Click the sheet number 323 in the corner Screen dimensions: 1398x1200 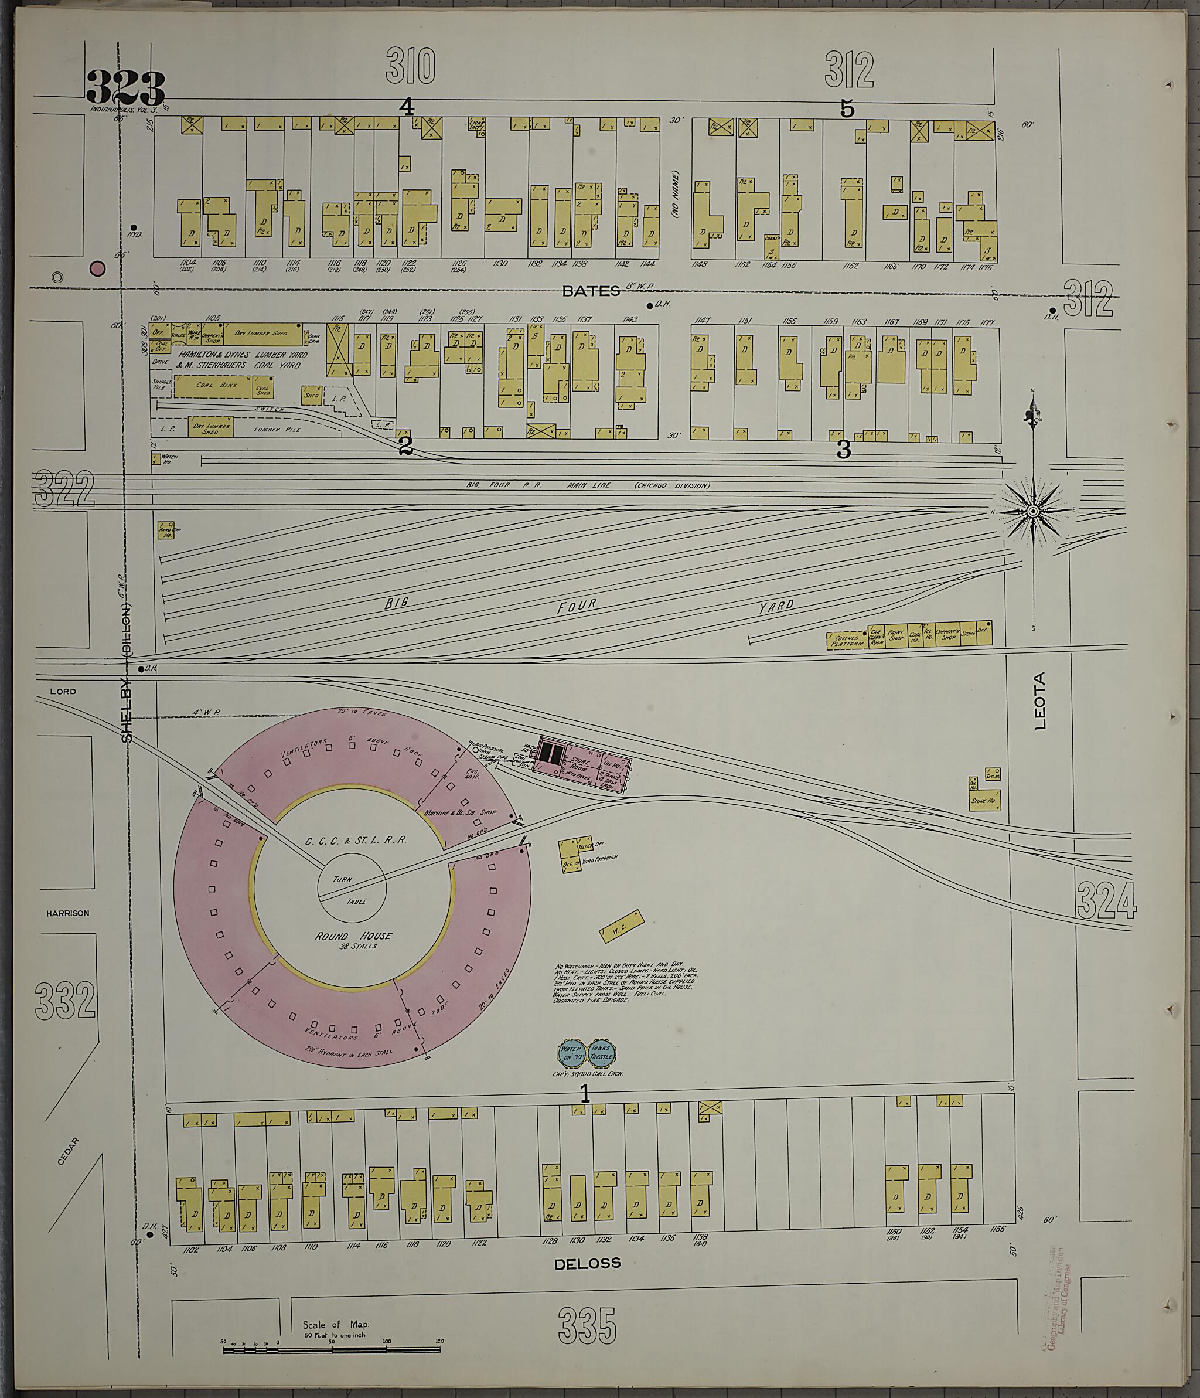(x=125, y=89)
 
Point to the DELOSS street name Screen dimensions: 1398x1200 (x=587, y=1264)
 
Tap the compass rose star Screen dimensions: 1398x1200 (x=1032, y=512)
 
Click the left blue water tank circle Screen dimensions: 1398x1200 (x=572, y=1051)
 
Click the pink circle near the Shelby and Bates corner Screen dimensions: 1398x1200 (x=98, y=268)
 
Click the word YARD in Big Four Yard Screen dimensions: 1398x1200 (x=776, y=606)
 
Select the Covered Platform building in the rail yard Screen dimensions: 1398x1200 (x=847, y=640)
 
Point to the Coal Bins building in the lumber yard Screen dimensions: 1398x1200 (x=214, y=385)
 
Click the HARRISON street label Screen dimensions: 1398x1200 (x=67, y=913)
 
